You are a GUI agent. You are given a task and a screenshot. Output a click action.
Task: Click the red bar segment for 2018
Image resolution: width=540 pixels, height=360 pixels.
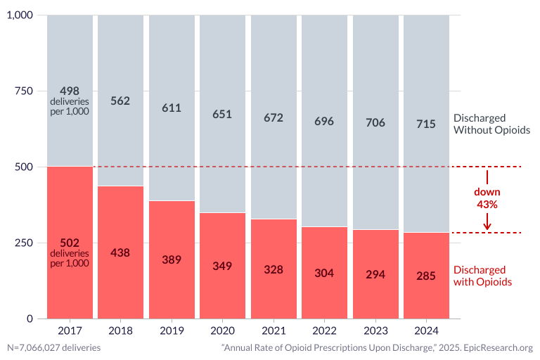(x=120, y=252)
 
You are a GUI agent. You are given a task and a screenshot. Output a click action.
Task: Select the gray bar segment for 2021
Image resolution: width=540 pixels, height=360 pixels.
(x=274, y=117)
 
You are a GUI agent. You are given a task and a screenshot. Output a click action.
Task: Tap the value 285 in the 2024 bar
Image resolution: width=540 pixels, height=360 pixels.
(x=426, y=276)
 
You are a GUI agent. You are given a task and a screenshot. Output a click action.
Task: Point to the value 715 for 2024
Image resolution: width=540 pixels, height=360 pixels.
(x=426, y=124)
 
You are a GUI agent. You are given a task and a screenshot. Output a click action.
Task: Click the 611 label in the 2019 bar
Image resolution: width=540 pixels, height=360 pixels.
(x=172, y=108)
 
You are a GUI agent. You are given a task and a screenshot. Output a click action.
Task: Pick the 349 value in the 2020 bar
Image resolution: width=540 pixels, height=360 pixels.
(x=222, y=266)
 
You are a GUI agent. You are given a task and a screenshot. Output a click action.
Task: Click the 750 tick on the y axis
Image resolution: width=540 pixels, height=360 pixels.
(x=23, y=91)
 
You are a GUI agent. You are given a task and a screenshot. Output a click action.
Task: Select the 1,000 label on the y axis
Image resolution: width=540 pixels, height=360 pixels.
(x=20, y=15)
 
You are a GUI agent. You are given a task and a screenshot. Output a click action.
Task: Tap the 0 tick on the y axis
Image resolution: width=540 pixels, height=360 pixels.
(x=30, y=319)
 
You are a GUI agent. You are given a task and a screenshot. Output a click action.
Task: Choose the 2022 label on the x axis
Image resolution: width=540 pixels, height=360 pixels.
(x=324, y=330)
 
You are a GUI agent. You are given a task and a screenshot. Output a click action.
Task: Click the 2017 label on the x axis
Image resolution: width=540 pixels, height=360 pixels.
(x=70, y=330)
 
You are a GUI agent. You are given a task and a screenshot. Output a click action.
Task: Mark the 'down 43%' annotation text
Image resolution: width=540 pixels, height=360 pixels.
(x=487, y=198)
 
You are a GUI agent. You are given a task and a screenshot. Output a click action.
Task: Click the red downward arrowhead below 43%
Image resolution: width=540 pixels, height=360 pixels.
(x=487, y=226)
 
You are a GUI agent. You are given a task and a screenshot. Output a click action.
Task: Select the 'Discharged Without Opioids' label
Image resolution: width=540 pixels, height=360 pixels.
(x=491, y=124)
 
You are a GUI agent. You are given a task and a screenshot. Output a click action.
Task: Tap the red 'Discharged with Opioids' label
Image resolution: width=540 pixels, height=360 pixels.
(x=482, y=276)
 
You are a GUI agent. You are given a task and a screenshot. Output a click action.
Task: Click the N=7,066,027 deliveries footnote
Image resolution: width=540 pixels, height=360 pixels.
(x=54, y=347)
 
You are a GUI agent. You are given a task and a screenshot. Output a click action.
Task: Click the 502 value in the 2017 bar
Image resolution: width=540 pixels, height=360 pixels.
(x=70, y=243)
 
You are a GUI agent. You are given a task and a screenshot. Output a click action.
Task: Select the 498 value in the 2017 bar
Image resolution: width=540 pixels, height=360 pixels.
(x=70, y=91)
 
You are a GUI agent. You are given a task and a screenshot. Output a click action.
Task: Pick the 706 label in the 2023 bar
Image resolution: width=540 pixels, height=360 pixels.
(x=375, y=122)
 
